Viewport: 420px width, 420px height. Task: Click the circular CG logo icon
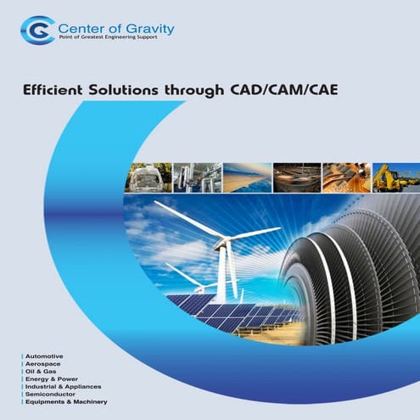coord(36,31)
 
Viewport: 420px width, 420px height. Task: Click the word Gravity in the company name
coord(147,28)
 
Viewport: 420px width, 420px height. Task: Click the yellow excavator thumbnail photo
coord(395,177)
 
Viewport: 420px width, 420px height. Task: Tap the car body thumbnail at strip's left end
coord(149,177)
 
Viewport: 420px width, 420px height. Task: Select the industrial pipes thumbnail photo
coord(198,177)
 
